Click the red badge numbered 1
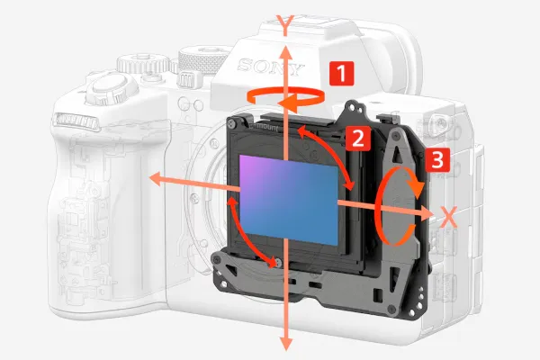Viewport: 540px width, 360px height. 341,73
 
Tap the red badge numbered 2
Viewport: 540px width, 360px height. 358,139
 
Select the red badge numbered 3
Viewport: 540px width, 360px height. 437,160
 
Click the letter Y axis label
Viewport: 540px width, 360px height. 285,25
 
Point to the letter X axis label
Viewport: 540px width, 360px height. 448,217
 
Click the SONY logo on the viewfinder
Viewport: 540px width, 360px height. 271,67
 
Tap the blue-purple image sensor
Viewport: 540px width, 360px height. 289,200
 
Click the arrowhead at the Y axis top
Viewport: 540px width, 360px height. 285,52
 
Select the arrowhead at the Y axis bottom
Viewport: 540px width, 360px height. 285,343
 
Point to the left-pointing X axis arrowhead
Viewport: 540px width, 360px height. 156,179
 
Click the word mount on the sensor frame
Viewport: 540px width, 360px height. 266,127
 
